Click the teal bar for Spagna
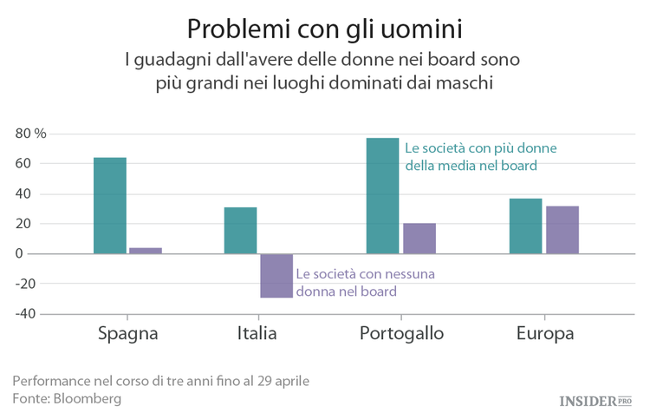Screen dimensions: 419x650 point(110,206)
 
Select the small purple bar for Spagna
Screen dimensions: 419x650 point(146,251)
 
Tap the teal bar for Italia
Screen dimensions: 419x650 point(240,231)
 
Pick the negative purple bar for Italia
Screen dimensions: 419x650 point(276,276)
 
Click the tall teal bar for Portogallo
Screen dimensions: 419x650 point(382,196)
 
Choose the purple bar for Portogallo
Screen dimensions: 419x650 point(419,239)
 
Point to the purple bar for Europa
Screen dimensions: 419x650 point(562,230)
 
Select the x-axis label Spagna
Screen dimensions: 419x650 point(127,334)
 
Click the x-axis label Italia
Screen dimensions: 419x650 point(257,334)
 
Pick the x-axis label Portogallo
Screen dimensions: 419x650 point(401,334)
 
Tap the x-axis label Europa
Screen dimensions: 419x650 point(544,334)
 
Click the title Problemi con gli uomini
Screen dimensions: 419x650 point(324,28)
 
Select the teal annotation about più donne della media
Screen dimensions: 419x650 point(480,156)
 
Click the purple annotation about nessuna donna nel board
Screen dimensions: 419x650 point(364,283)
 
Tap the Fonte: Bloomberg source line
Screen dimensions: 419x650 point(67,398)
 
